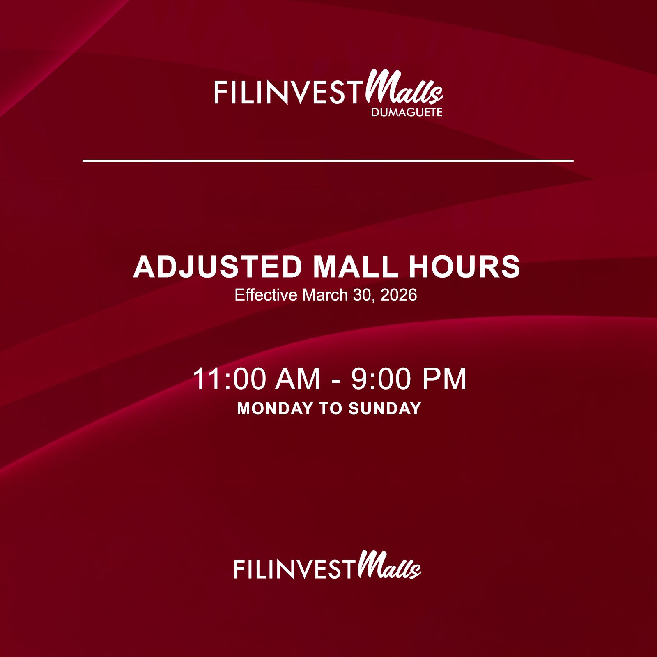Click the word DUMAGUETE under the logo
[407, 113]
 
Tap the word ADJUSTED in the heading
[218, 267]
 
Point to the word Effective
[266, 295]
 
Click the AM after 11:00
[298, 379]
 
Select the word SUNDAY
[385, 409]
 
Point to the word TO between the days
[331, 409]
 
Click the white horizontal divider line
[328, 161]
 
